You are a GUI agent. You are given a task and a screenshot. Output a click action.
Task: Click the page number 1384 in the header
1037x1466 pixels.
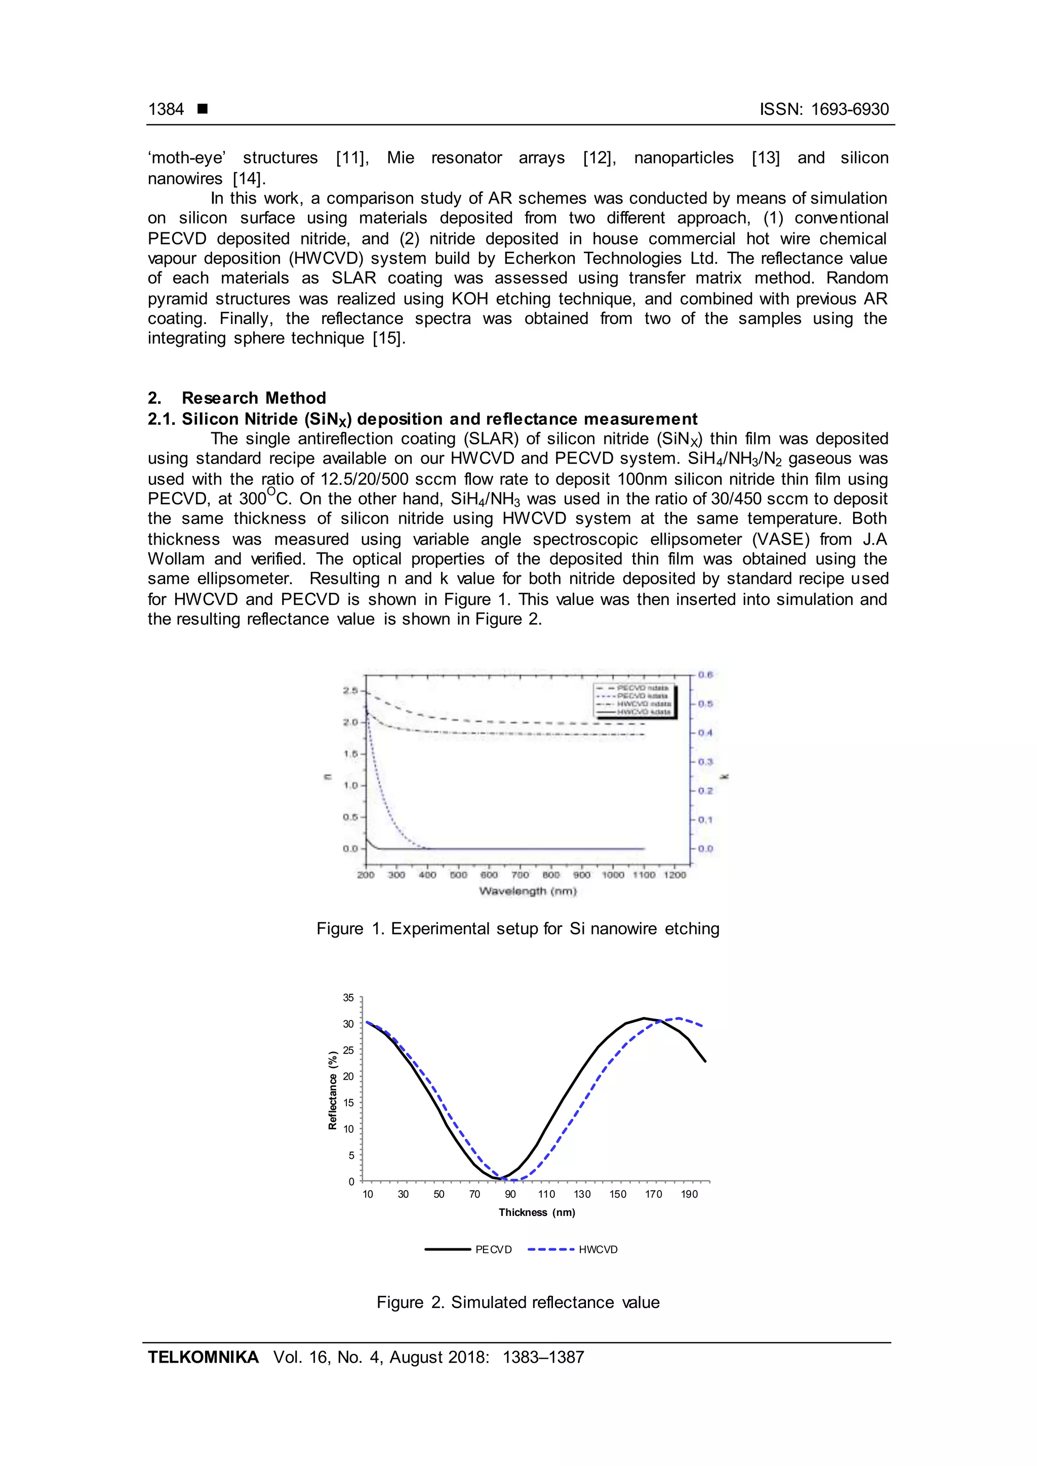point(166,109)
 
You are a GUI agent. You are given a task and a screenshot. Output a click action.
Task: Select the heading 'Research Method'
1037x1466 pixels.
point(254,398)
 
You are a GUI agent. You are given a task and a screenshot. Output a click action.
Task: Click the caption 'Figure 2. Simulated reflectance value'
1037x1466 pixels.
point(518,1302)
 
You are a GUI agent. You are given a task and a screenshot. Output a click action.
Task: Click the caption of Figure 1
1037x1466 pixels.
point(518,928)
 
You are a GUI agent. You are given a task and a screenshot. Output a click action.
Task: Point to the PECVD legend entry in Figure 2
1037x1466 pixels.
point(469,1249)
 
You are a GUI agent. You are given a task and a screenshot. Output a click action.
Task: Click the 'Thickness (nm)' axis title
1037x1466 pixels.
point(536,1212)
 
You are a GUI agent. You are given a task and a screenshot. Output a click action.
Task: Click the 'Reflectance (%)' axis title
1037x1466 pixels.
point(333,1089)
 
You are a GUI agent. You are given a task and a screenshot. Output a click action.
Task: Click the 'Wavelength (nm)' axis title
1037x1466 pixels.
point(528,891)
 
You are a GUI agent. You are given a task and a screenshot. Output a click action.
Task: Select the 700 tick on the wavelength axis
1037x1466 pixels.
point(521,875)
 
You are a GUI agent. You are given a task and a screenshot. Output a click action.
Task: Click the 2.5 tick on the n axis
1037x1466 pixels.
point(349,691)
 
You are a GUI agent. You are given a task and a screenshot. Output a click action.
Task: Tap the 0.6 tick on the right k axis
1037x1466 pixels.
point(705,675)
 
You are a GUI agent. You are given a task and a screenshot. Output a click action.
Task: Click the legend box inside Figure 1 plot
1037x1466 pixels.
point(634,701)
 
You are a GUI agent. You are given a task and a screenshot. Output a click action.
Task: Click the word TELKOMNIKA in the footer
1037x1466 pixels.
point(203,1357)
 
